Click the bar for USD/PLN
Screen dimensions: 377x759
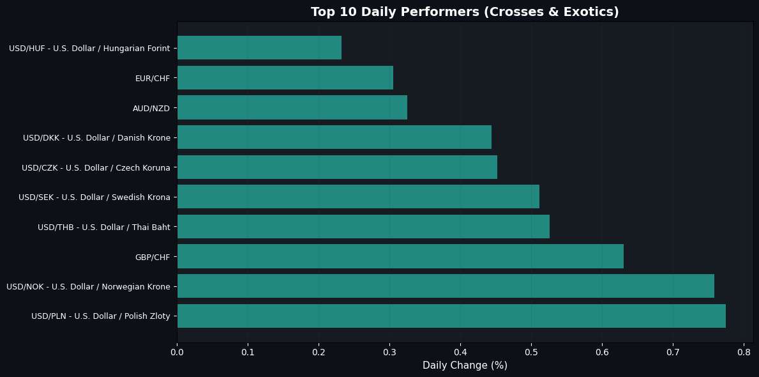(x=451, y=316)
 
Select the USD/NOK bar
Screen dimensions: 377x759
(x=446, y=286)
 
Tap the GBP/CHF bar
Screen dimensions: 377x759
(x=400, y=256)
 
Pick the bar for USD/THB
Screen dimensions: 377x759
(x=363, y=226)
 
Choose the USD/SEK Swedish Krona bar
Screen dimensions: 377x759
(x=358, y=196)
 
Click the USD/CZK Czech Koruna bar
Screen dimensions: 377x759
(x=337, y=167)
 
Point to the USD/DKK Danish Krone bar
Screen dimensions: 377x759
(x=334, y=137)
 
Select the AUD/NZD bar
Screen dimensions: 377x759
(x=292, y=107)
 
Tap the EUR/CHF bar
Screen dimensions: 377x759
(x=285, y=77)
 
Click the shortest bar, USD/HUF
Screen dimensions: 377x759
(x=259, y=47)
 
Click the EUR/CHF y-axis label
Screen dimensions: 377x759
(x=152, y=78)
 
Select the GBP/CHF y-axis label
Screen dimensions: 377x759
(x=152, y=257)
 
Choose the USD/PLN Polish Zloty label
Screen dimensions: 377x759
(x=100, y=316)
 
